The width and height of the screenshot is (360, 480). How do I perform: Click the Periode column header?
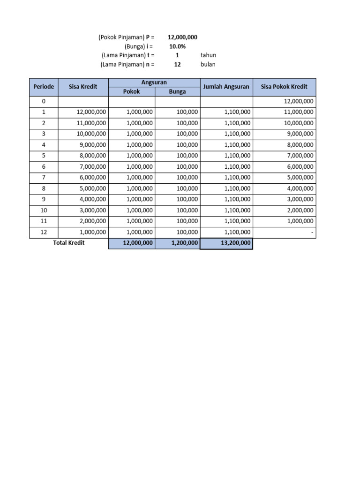[x=44, y=87]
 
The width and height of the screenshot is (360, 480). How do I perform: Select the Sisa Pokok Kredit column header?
[x=284, y=87]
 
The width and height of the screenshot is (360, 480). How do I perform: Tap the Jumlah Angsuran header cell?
[x=226, y=87]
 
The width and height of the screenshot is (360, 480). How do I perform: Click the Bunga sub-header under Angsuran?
[x=178, y=91]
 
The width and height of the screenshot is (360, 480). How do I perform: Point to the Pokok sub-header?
[x=132, y=91]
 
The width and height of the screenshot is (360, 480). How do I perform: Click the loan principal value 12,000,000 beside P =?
[x=182, y=37]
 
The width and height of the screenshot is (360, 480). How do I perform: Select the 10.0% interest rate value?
[x=178, y=46]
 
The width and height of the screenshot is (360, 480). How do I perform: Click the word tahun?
[x=208, y=55]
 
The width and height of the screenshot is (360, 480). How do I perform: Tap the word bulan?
[x=208, y=65]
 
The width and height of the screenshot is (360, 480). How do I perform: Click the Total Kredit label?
[x=69, y=243]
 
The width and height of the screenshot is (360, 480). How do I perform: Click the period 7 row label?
[x=44, y=177]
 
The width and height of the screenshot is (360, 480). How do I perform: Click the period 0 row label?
[x=44, y=101]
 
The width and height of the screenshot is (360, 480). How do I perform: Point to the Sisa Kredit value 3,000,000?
[x=91, y=210]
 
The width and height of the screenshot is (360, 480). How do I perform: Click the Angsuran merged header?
[x=154, y=82]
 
